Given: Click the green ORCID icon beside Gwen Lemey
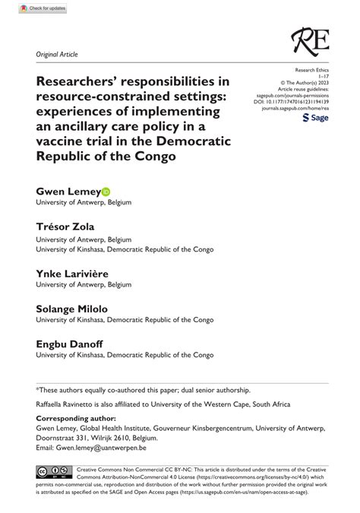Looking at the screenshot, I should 106,192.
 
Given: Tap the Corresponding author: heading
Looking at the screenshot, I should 75,417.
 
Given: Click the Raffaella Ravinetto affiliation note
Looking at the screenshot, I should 150,404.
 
